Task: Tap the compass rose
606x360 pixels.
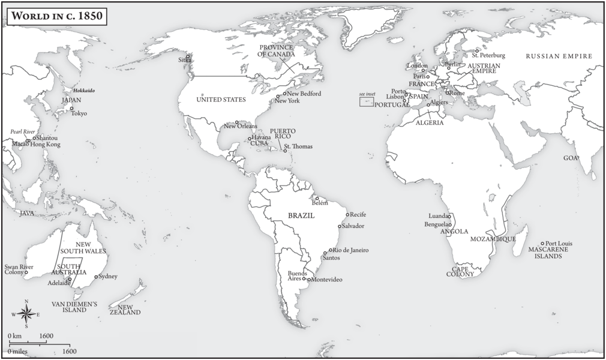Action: (x=26, y=313)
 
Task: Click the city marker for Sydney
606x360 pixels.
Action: (x=95, y=277)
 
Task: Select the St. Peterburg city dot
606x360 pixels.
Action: (x=477, y=51)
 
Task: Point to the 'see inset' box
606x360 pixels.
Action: (x=366, y=102)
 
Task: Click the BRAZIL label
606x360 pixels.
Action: (x=301, y=215)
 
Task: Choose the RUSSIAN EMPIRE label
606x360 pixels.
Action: (x=559, y=56)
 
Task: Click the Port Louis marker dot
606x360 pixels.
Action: (x=542, y=244)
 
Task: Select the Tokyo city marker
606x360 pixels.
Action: (x=72, y=109)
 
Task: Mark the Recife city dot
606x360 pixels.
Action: (x=347, y=214)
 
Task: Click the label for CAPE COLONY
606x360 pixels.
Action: (x=460, y=271)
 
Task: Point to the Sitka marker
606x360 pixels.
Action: (x=188, y=56)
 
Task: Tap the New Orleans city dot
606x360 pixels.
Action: (x=236, y=122)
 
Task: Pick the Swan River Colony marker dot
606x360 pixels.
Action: (x=26, y=272)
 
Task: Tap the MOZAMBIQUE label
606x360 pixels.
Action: (x=493, y=239)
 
